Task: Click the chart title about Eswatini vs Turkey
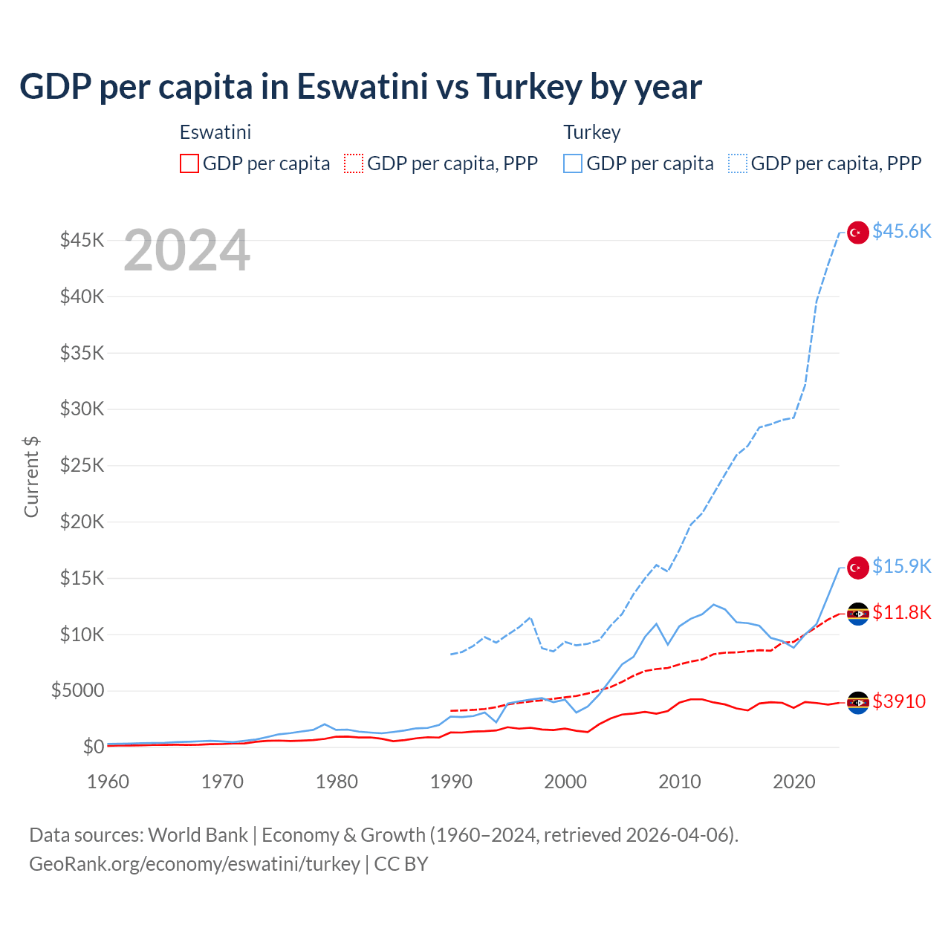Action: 360,86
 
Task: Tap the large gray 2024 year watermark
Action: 186,251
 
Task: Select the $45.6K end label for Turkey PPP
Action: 901,232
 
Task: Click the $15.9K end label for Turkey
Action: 901,567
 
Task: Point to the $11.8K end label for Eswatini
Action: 901,613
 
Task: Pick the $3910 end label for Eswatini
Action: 899,701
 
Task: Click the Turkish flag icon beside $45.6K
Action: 858,233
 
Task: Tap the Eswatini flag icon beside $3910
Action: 858,702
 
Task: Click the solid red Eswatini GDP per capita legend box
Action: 189,163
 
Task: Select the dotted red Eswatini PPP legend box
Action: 354,163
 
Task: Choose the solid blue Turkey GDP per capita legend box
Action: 573,163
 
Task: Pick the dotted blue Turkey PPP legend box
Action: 738,163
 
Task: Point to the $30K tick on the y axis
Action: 82,409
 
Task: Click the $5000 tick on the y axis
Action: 77,691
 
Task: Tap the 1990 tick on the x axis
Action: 451,782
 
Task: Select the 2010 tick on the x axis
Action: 680,782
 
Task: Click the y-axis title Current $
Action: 31,476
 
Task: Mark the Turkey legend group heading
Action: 591,132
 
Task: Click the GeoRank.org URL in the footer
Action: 195,864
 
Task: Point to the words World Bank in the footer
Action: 198,835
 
